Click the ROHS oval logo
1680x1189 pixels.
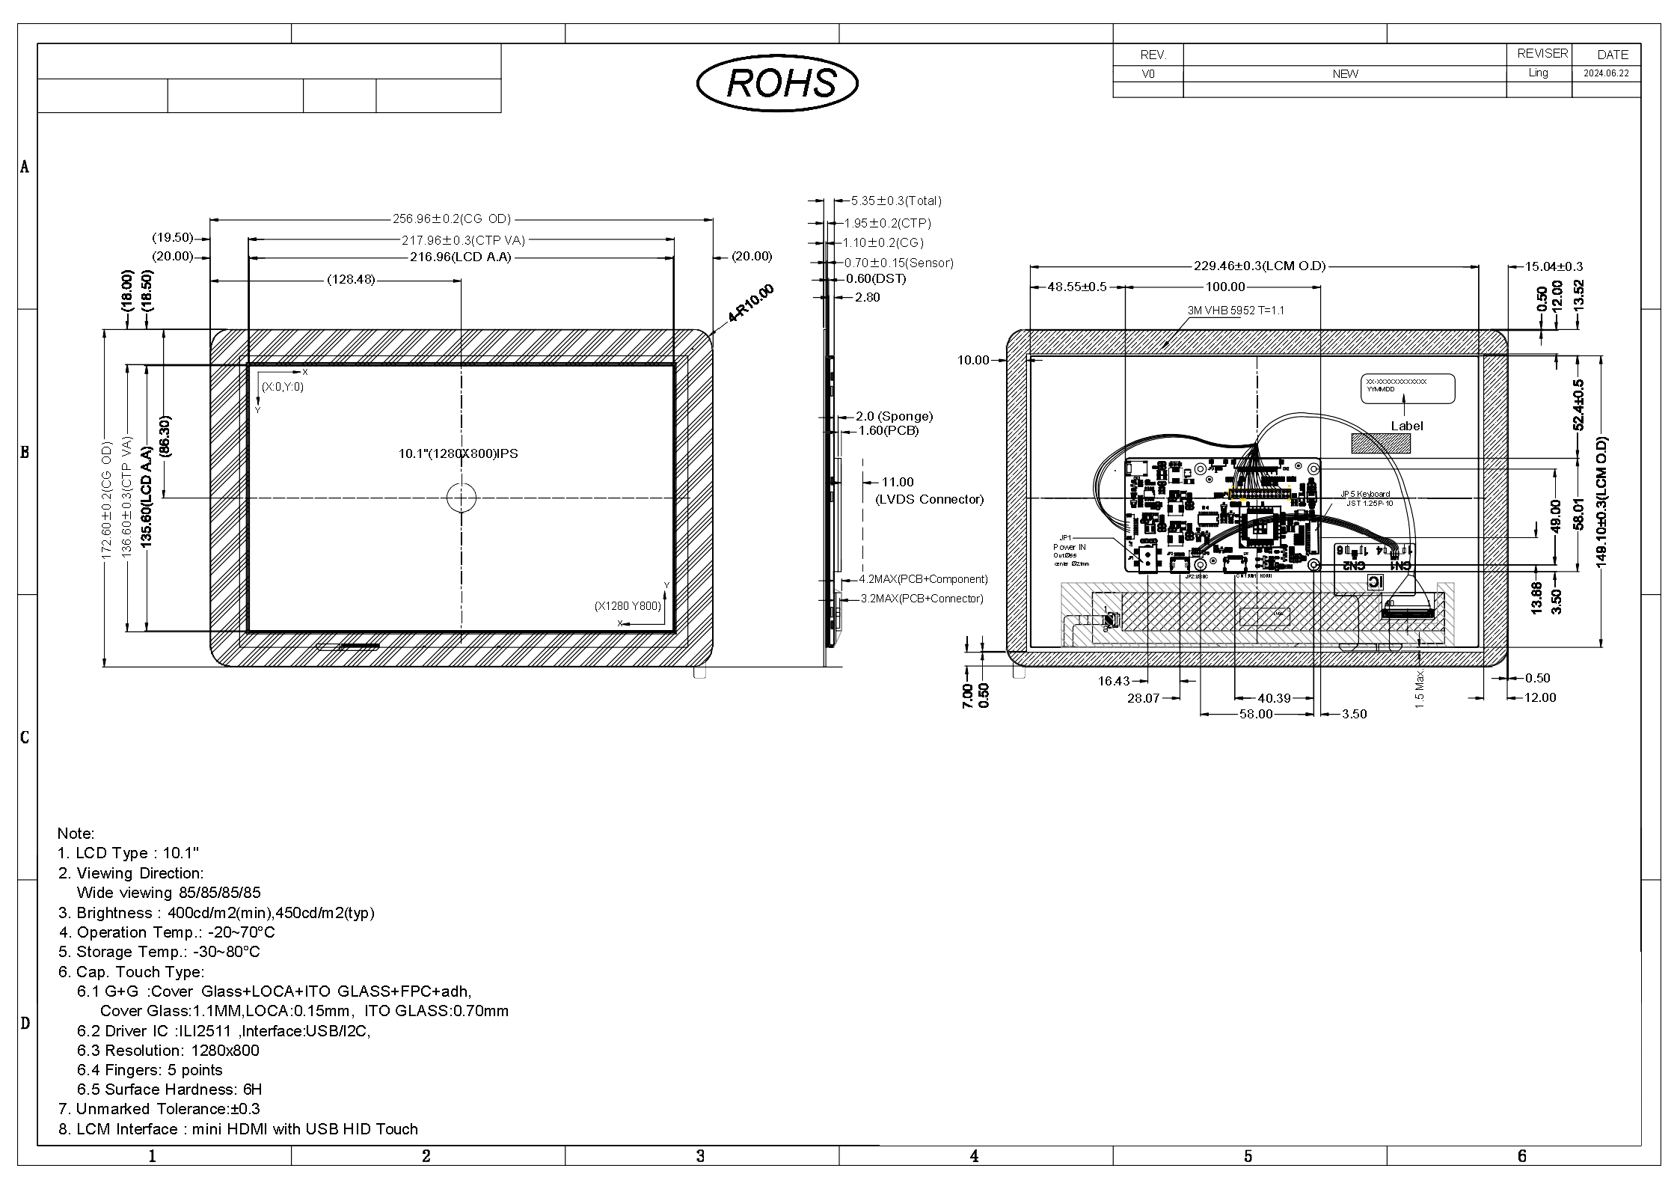[x=777, y=83]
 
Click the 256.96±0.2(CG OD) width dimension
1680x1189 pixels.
[x=452, y=219]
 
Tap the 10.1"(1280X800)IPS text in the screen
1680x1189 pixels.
[x=458, y=453]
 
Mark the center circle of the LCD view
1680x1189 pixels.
[x=462, y=498]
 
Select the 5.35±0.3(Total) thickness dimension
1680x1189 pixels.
[x=896, y=201]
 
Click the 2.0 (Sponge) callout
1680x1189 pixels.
[x=894, y=416]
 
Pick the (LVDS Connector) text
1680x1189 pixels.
[x=929, y=500]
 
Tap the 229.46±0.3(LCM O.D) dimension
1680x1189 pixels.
[x=1259, y=266]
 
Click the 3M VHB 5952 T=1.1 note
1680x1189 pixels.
[x=1235, y=311]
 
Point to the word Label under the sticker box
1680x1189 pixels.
[x=1406, y=426]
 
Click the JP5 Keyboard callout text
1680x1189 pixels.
[x=1364, y=494]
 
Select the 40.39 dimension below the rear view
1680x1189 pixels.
[x=1274, y=698]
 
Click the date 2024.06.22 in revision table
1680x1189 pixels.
[x=1605, y=73]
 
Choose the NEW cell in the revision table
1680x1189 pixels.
[x=1344, y=74]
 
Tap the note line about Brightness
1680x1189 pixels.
[x=216, y=913]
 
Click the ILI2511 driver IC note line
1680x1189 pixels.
[x=223, y=1031]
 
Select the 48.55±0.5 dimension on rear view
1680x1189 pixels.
[x=1076, y=287]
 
